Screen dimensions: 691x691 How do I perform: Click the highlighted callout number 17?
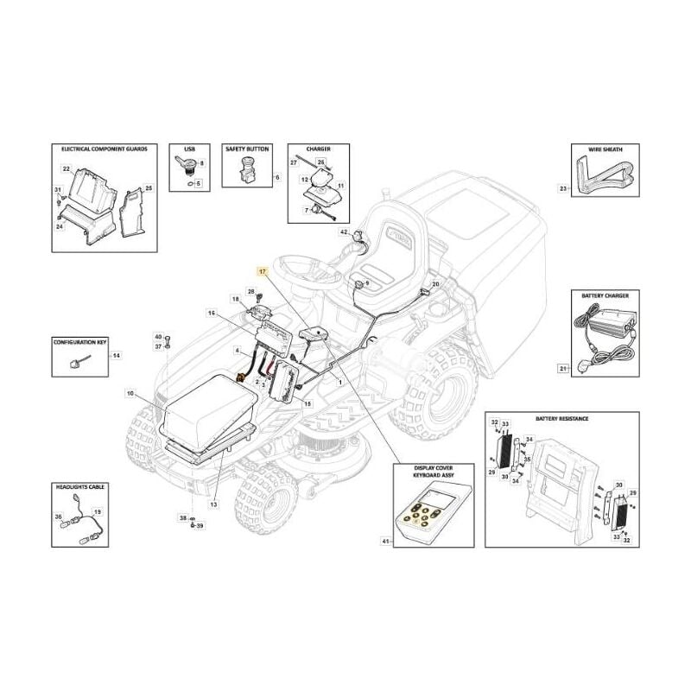point(263,271)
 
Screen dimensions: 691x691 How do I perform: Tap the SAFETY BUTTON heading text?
point(247,149)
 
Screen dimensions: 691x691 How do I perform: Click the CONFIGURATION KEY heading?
point(79,343)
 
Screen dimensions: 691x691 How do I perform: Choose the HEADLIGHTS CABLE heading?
point(79,488)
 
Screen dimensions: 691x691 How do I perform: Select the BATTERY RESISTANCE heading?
point(561,418)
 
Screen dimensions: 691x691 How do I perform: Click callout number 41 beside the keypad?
point(384,542)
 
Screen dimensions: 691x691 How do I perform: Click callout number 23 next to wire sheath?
point(563,187)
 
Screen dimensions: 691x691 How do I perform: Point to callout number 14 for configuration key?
point(117,356)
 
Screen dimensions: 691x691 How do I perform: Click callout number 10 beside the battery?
point(130,394)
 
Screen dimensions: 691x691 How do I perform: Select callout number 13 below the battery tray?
point(212,504)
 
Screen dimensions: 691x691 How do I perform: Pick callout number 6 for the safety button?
point(276,177)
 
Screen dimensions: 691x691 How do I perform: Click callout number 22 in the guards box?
point(66,168)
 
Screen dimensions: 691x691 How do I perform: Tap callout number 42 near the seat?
point(343,233)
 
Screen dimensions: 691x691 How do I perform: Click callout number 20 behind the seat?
point(435,284)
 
